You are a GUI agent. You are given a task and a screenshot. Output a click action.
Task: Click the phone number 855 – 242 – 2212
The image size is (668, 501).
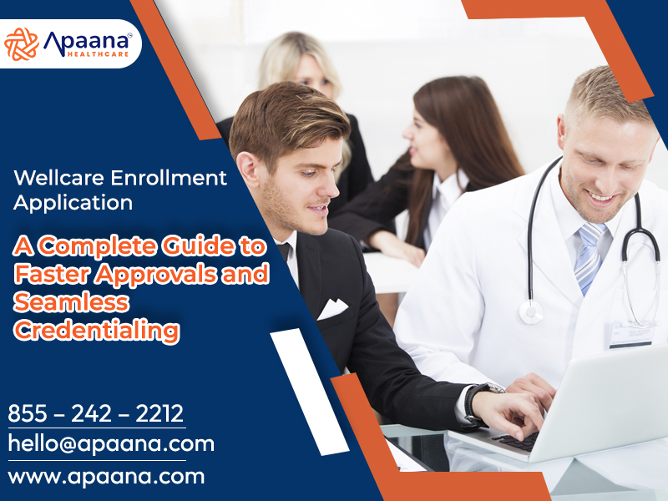tap(96, 413)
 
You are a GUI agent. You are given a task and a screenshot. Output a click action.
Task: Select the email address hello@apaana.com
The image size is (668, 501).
tap(111, 443)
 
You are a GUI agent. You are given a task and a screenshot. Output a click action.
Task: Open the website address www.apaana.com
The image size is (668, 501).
tap(106, 477)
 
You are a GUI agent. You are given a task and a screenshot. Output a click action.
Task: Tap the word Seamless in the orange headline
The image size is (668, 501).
tap(71, 301)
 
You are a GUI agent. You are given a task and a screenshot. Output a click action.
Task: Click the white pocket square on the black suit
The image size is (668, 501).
tap(331, 310)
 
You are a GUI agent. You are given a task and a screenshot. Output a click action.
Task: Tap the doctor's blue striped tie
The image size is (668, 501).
tap(590, 259)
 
